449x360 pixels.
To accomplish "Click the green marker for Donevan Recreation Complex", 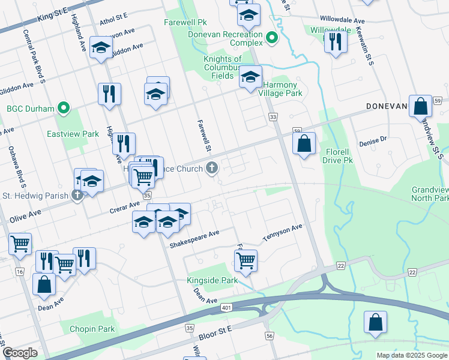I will point(272,38).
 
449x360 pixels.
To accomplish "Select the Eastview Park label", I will point(73,134).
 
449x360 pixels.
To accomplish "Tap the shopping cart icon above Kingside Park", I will point(246,260).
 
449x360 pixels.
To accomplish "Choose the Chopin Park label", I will point(92,329).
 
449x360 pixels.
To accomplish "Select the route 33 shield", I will point(274,116).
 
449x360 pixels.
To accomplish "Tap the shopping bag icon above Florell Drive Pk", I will point(304,143).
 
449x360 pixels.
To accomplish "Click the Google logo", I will point(20,353).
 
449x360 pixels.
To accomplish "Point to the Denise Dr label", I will point(374,141).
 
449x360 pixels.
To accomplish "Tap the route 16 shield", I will point(20,272).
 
